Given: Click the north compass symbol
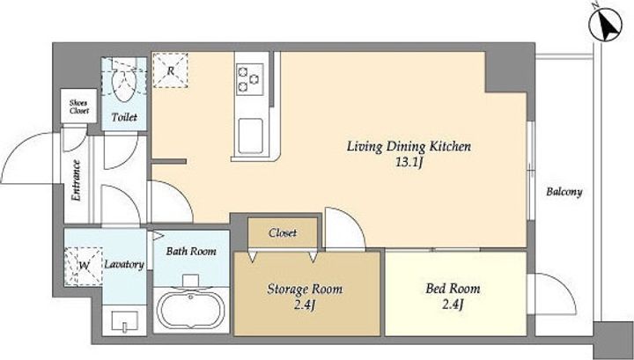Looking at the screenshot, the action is pyautogui.click(x=604, y=24).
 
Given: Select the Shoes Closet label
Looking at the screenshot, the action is pyautogui.click(x=79, y=107).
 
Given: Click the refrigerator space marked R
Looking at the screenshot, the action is pyautogui.click(x=170, y=70).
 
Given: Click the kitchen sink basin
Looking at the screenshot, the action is pyautogui.click(x=250, y=136).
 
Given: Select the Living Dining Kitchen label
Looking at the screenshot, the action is pyautogui.click(x=409, y=146).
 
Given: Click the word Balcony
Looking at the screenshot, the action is pyautogui.click(x=564, y=192).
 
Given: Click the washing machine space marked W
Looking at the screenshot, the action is pyautogui.click(x=84, y=266).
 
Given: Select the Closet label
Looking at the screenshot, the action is pyautogui.click(x=283, y=232).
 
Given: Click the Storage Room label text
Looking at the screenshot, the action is pyautogui.click(x=305, y=290).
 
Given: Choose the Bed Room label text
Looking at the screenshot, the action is pyautogui.click(x=453, y=289).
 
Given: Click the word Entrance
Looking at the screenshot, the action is pyautogui.click(x=76, y=180).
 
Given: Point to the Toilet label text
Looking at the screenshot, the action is pyautogui.click(x=124, y=117).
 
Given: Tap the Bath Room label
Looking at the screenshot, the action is pyautogui.click(x=191, y=251).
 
